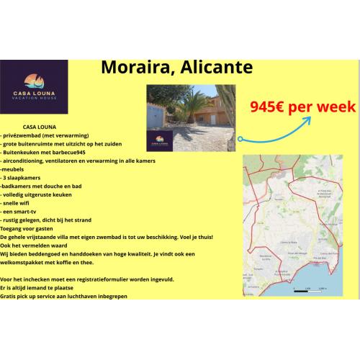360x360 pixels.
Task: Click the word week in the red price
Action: (x=337, y=107)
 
